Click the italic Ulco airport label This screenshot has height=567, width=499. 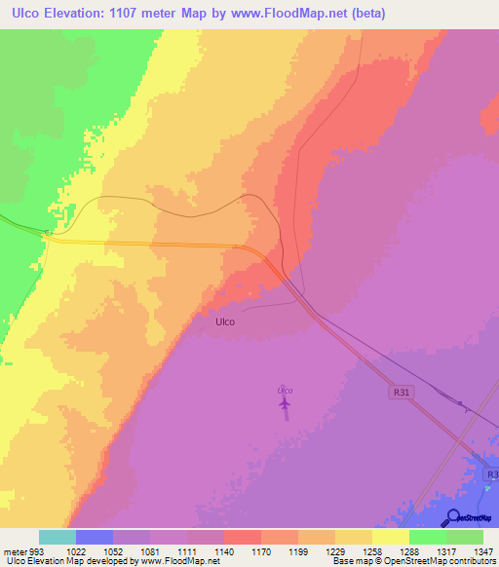click(x=285, y=391)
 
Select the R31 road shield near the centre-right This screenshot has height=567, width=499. click(x=398, y=391)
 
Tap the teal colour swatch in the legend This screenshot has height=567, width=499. click(x=58, y=537)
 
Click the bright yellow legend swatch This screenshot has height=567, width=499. click(x=391, y=537)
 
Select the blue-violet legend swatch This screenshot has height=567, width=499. click(x=95, y=537)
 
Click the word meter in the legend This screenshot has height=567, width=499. click(x=15, y=549)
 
